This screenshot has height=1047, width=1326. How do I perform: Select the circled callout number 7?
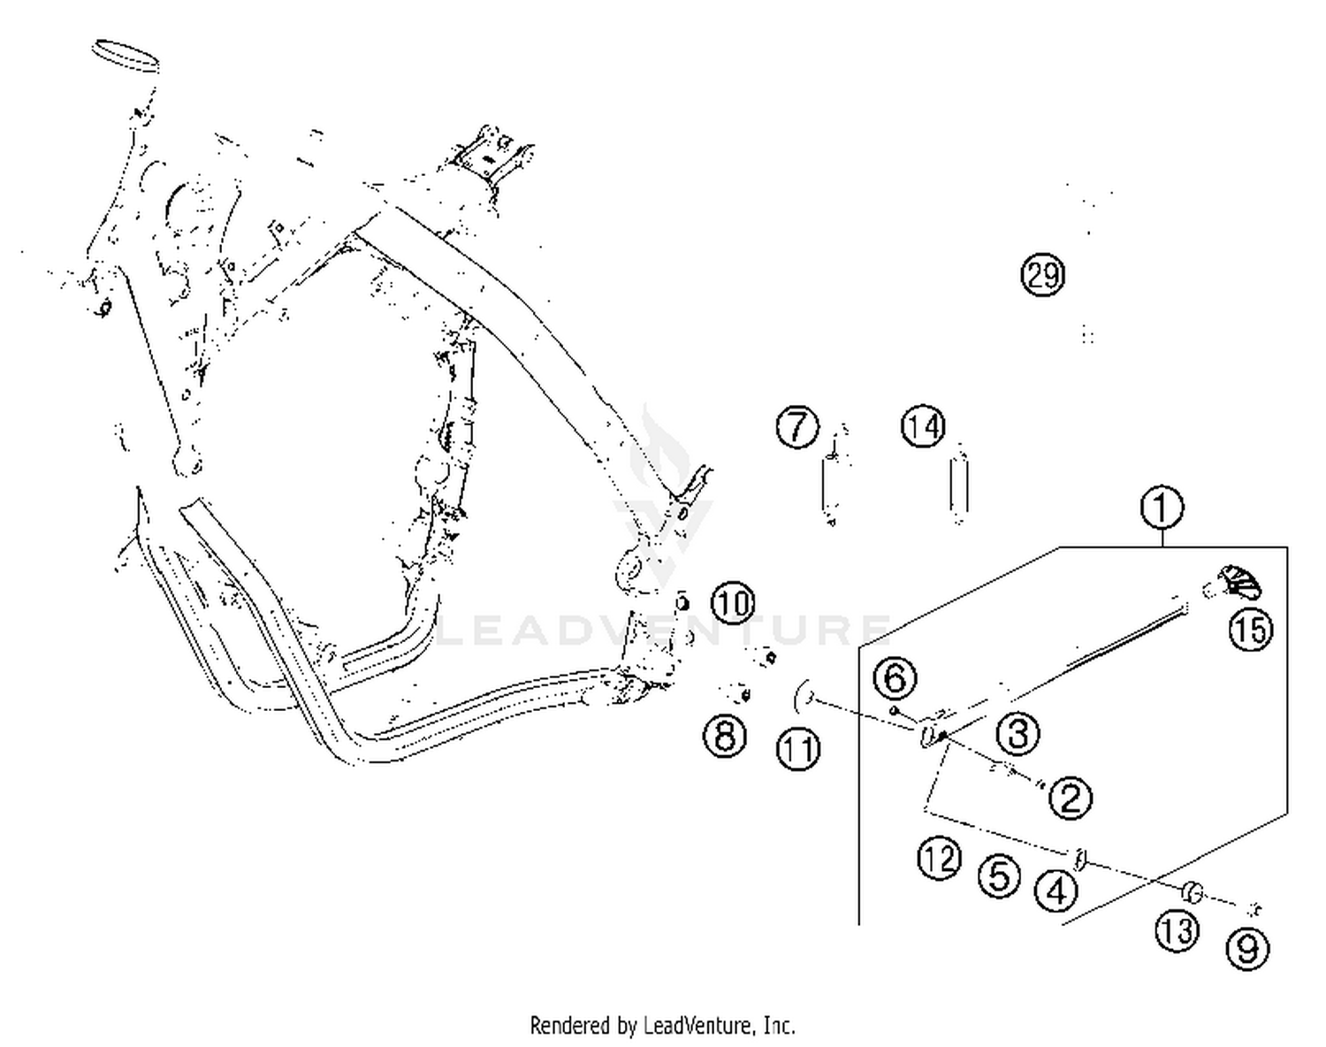click(797, 426)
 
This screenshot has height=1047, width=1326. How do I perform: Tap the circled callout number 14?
click(923, 426)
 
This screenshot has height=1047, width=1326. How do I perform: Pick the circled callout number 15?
click(1251, 630)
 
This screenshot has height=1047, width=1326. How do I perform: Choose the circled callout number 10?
click(733, 603)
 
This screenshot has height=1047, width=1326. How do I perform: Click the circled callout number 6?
click(895, 678)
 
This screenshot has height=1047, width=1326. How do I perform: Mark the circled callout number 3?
click(1017, 733)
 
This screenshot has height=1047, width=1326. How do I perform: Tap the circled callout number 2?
click(1071, 798)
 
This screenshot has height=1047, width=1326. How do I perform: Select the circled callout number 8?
click(725, 735)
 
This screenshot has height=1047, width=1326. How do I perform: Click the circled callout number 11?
click(798, 749)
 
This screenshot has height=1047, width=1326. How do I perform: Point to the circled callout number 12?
click(939, 858)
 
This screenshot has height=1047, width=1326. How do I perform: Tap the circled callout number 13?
click(1177, 930)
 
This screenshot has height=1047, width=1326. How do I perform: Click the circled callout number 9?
click(1247, 949)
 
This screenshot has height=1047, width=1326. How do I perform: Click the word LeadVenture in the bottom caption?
click(697, 1026)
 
